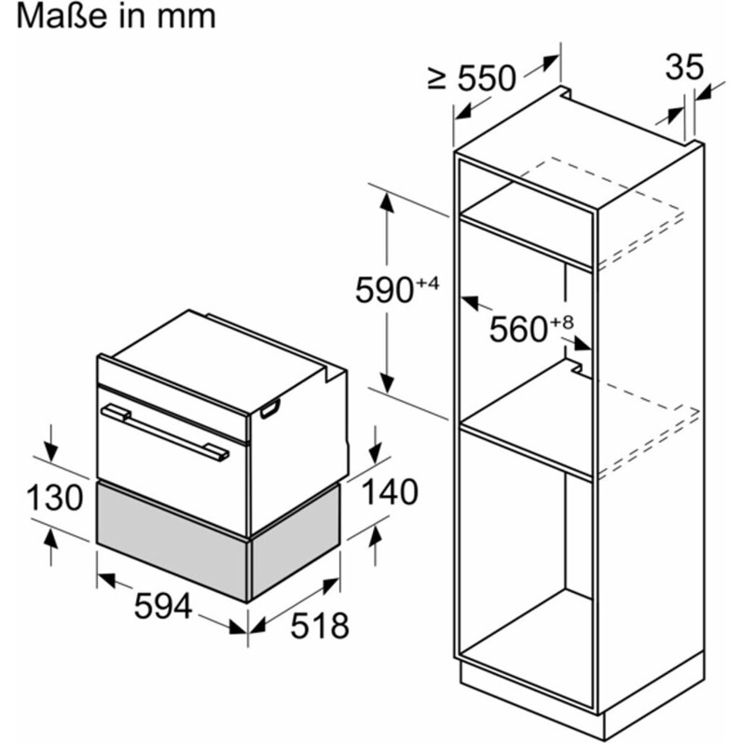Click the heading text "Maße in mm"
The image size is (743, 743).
point(117,16)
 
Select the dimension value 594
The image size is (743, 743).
point(162,606)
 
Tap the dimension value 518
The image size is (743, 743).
point(320,626)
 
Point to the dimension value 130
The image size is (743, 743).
point(54,498)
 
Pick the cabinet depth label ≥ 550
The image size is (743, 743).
point(471,77)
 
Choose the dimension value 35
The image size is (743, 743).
point(684,67)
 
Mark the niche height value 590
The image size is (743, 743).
point(385,290)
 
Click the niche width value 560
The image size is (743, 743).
point(518,329)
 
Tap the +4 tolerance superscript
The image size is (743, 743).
point(428,283)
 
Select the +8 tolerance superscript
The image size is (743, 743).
point(562,323)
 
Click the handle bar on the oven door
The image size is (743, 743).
point(165,432)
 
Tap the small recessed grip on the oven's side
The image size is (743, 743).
point(270,408)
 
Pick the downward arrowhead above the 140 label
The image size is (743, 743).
point(376,453)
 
